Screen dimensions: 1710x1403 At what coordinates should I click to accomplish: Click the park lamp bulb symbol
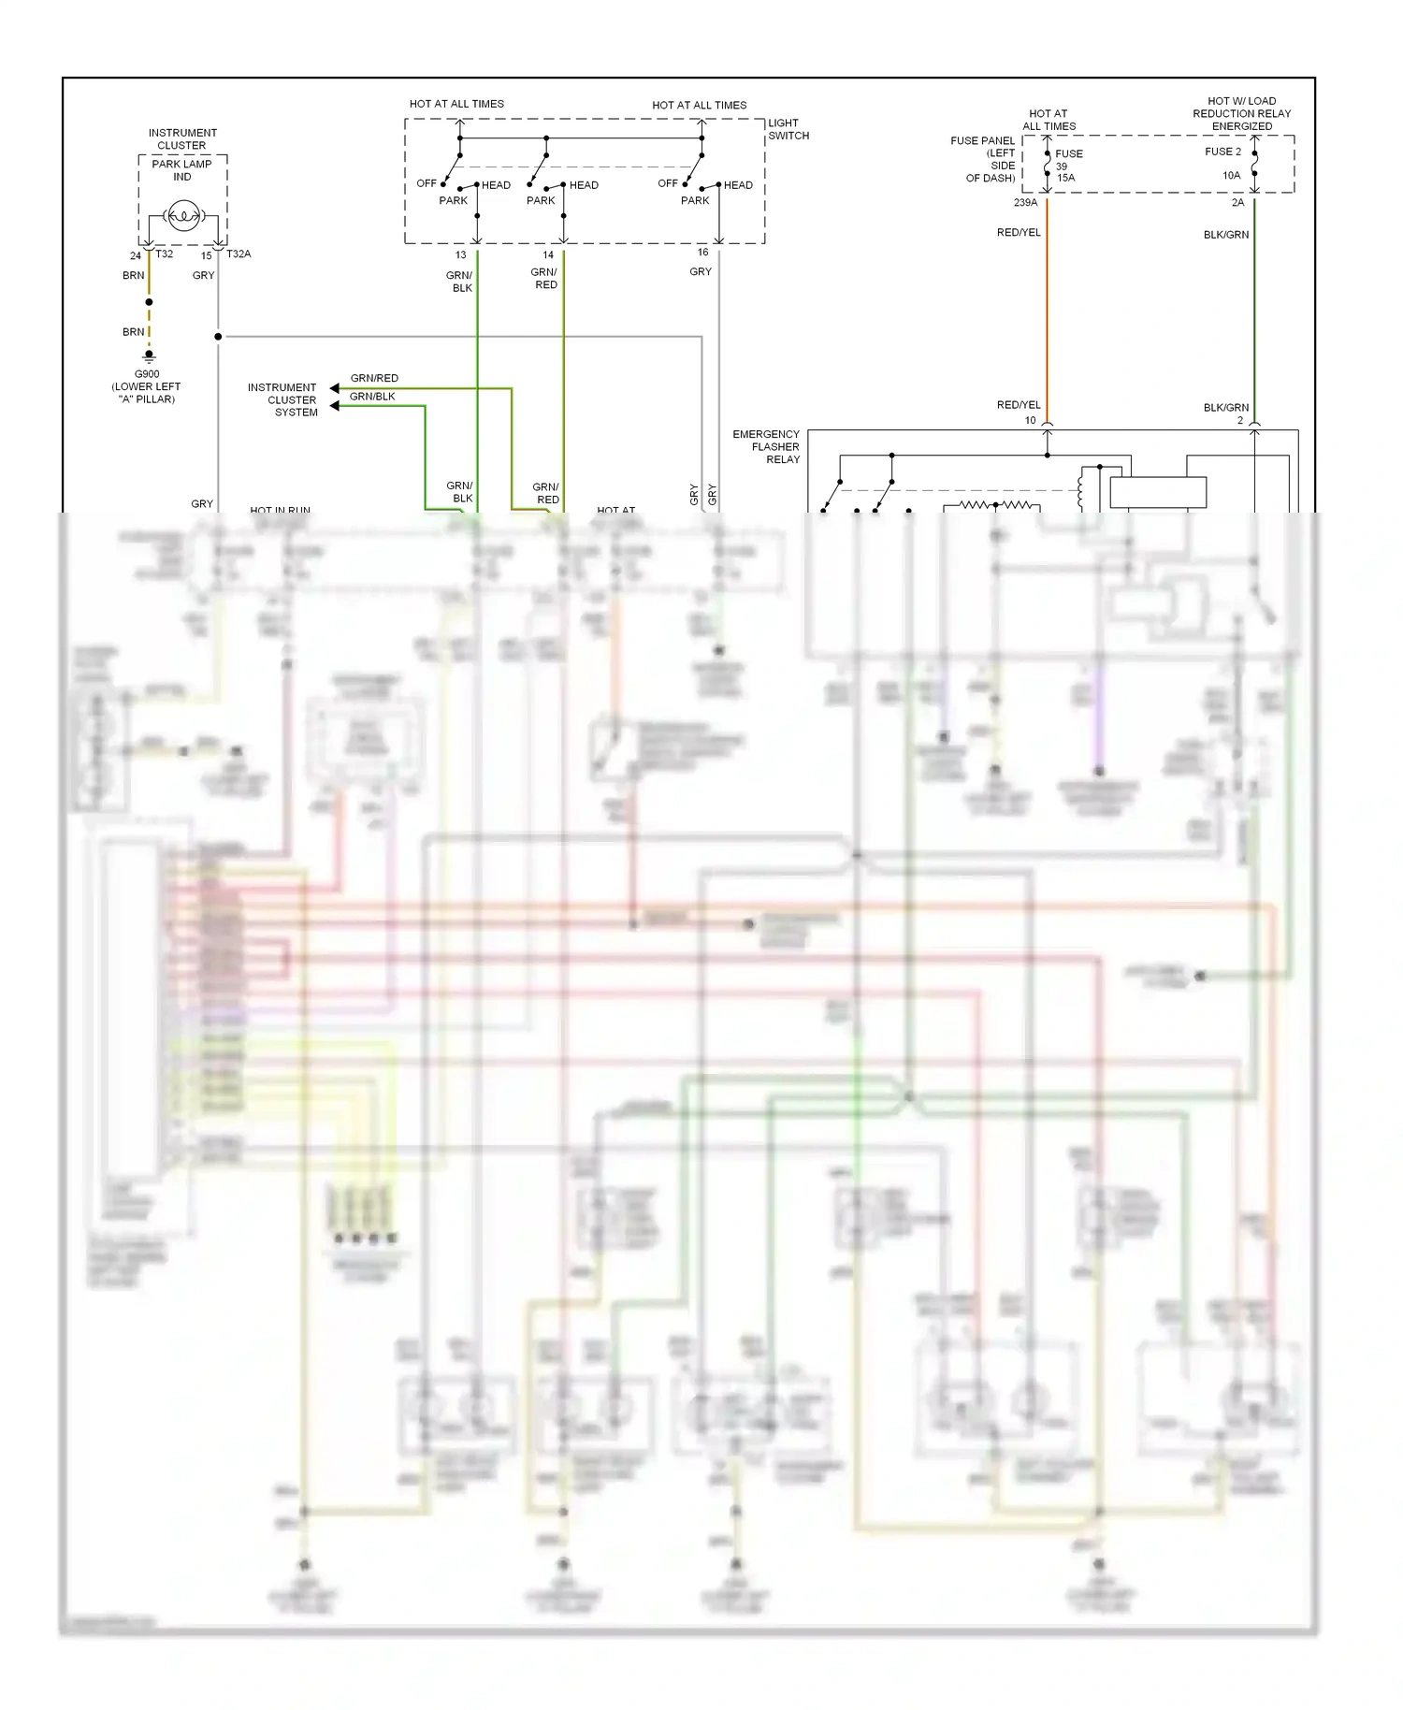pyautogui.click(x=183, y=216)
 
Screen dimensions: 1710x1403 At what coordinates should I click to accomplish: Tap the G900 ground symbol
pyautogui.click(x=149, y=356)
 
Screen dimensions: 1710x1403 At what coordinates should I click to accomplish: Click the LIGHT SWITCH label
pyautogui.click(x=788, y=129)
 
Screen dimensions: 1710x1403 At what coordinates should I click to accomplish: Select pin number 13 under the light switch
pyautogui.click(x=460, y=254)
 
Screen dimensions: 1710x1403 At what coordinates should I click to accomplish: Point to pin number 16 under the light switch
pyautogui.click(x=702, y=253)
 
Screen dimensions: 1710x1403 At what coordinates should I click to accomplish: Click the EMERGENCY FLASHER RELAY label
pyautogui.click(x=766, y=447)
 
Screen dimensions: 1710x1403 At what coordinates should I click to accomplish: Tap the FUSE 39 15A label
pyautogui.click(x=1068, y=166)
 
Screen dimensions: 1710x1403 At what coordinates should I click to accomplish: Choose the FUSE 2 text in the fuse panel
pyautogui.click(x=1222, y=152)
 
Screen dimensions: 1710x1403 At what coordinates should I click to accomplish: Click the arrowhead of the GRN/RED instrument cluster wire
pyautogui.click(x=335, y=388)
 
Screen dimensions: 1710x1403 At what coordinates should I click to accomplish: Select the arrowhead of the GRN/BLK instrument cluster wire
pyautogui.click(x=335, y=406)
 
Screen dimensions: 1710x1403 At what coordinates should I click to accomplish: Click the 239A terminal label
pyautogui.click(x=1025, y=203)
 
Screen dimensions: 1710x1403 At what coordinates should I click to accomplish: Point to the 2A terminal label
pyautogui.click(x=1237, y=203)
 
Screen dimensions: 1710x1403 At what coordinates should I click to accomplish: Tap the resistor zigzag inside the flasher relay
pyautogui.click(x=996, y=505)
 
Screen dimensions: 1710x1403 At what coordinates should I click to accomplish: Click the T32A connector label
pyautogui.click(x=239, y=254)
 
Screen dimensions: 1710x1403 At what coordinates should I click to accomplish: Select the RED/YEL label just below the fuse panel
pyautogui.click(x=1019, y=233)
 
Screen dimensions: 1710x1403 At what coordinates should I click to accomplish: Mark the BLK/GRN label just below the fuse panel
pyautogui.click(x=1225, y=235)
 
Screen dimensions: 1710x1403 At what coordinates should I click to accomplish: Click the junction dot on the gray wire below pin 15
pyautogui.click(x=218, y=337)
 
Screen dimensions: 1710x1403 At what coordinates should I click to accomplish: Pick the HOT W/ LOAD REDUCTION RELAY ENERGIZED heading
pyautogui.click(x=1241, y=113)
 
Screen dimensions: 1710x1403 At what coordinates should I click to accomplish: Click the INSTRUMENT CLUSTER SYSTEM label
pyautogui.click(x=282, y=399)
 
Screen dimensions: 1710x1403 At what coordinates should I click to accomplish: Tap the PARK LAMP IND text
pyautogui.click(x=181, y=170)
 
